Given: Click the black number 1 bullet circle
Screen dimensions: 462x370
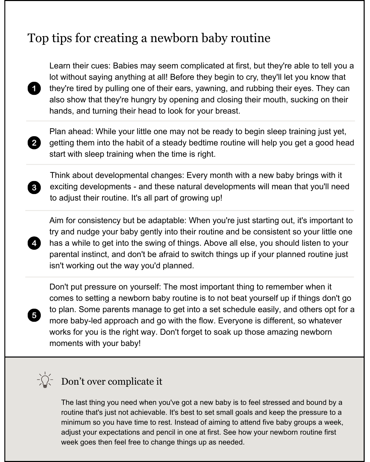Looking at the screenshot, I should coord(34,88).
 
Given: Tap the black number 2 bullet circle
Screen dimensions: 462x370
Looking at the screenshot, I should coord(34,143).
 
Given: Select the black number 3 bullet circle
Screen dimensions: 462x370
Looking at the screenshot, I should coord(34,188).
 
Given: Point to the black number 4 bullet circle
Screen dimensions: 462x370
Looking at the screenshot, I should coord(34,243).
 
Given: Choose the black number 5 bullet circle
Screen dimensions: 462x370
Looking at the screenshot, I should coord(34,315).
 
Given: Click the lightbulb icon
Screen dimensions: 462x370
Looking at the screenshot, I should coord(45,380).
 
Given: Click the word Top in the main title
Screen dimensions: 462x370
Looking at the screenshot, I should coord(38,38).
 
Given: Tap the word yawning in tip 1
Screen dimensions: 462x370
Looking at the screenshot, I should coord(212,88).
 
